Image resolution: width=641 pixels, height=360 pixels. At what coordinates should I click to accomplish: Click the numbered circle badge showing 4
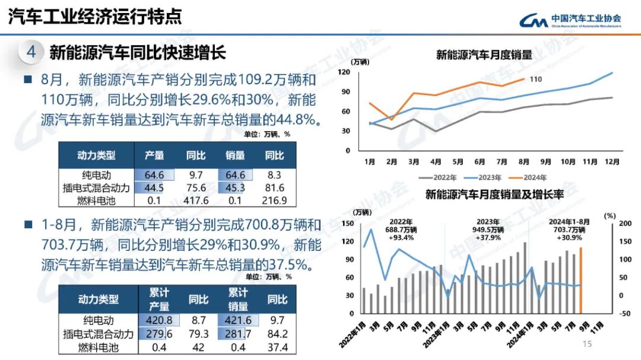point(31,52)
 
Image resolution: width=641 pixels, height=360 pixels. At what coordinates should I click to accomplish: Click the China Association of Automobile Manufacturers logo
point(570,20)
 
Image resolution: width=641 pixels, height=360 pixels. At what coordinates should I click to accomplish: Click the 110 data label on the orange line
point(535,79)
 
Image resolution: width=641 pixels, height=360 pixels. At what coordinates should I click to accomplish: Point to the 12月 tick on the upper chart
point(613,161)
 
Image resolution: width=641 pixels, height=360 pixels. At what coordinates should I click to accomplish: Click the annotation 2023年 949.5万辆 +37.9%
point(490,229)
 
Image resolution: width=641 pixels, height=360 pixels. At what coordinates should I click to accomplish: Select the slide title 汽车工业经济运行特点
point(95,17)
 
